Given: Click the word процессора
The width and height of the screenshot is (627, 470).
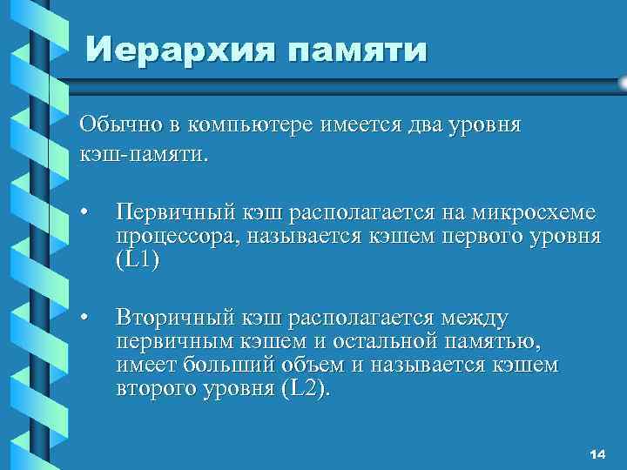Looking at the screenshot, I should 179,238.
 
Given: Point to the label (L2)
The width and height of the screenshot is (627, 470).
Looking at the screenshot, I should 306,389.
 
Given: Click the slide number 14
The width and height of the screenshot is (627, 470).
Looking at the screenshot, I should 597,454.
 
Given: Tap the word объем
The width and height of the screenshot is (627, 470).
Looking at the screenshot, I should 312,366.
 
